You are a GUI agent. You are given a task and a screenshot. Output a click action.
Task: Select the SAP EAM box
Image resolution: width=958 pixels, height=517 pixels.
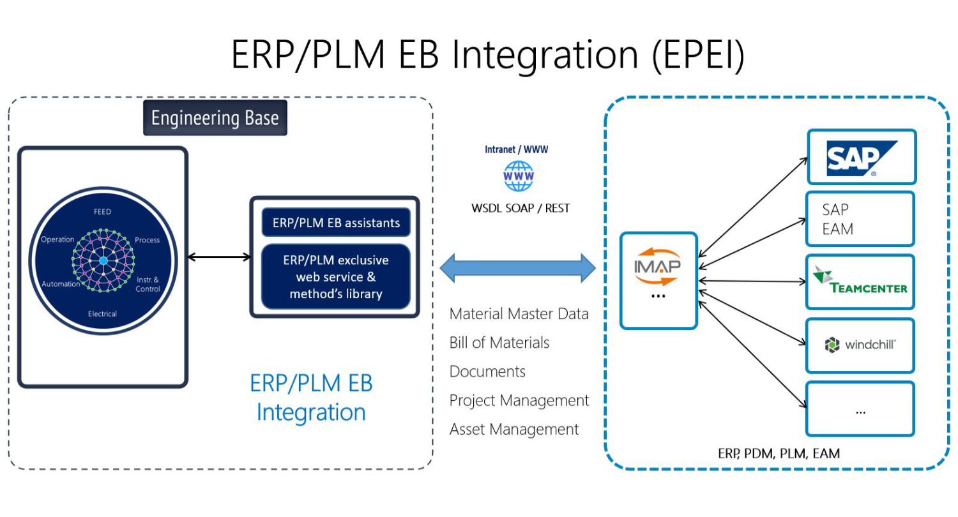[860, 219]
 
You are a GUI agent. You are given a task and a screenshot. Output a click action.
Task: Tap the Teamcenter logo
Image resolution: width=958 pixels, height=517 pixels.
[860, 281]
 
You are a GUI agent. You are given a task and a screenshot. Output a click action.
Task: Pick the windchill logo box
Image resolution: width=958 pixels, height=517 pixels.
[860, 345]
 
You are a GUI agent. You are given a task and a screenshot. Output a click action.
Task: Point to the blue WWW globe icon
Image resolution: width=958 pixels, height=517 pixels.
[518, 176]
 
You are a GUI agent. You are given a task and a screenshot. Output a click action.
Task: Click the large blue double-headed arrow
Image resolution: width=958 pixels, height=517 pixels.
[517, 268]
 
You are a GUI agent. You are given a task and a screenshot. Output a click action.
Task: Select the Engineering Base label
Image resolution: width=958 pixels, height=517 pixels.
[215, 118]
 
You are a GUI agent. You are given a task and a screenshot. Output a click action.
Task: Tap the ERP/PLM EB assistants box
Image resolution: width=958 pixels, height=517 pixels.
[336, 223]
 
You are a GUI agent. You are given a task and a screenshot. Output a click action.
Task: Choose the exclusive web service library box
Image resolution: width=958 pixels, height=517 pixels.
[336, 277]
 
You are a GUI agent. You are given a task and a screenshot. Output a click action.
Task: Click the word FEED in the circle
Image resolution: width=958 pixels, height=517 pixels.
[102, 211]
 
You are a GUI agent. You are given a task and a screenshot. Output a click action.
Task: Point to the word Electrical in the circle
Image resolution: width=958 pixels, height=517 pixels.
[102, 313]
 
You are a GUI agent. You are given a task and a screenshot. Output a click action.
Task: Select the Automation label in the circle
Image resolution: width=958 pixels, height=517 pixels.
[61, 284]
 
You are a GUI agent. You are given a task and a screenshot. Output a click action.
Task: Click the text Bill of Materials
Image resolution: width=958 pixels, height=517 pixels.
[499, 343]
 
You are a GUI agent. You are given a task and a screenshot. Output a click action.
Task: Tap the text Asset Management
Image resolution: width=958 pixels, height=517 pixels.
[513, 430]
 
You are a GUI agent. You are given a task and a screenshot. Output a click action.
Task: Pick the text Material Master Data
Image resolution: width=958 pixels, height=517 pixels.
[519, 314]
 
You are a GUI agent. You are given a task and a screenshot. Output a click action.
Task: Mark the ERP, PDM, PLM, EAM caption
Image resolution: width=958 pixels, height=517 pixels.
[779, 454]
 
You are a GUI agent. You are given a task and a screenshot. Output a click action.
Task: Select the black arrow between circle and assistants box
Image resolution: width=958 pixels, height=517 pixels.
[218, 257]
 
